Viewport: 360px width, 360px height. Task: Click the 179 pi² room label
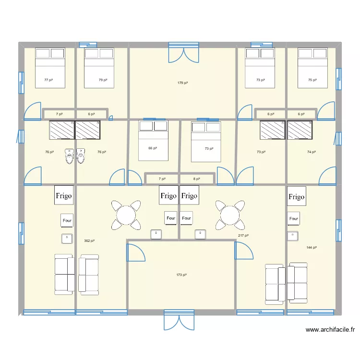[182, 83]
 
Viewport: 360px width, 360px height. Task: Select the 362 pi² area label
[89, 241]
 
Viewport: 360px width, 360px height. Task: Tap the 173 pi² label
[181, 275]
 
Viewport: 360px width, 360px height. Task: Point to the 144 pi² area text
[312, 248]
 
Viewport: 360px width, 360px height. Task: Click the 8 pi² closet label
[197, 179]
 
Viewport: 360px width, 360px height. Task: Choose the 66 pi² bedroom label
[153, 148]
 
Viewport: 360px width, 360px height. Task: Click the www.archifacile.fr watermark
[330, 330]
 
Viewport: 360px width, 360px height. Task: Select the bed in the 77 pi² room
[50, 68]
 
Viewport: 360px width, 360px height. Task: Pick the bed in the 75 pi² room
[312, 68]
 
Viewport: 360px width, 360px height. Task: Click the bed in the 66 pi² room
[154, 140]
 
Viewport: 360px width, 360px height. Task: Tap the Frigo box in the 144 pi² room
[297, 197]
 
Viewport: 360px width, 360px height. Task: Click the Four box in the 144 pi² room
[294, 219]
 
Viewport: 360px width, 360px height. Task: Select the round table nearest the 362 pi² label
[126, 215]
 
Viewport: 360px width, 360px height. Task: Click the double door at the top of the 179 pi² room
[183, 52]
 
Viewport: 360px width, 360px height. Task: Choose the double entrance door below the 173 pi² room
[179, 320]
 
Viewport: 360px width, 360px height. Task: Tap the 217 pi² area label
[243, 236]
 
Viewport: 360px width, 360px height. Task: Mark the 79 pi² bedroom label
[103, 80]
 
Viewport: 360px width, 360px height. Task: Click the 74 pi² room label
[312, 152]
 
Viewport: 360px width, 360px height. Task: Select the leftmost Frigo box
[64, 196]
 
